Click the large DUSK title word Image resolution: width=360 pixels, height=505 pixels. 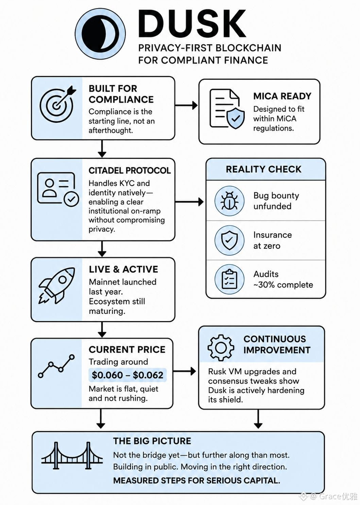click(x=192, y=24)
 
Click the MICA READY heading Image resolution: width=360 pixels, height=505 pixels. click(x=282, y=96)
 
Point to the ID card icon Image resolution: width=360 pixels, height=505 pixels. click(x=58, y=189)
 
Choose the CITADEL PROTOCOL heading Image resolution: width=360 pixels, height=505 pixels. click(x=130, y=170)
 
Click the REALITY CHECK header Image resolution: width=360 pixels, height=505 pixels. click(x=263, y=169)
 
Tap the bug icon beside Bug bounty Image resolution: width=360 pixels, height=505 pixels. click(x=229, y=200)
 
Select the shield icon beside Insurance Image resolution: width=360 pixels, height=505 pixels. click(x=229, y=240)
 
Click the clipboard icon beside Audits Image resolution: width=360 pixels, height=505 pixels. click(x=229, y=279)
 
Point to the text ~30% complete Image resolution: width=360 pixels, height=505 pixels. click(x=283, y=285)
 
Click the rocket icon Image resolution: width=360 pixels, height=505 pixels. click(x=56, y=286)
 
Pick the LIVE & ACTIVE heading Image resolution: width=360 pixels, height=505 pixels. click(x=123, y=269)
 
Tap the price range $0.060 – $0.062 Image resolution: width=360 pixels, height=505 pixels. click(x=127, y=375)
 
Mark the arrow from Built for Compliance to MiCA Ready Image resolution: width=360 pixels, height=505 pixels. click(x=186, y=105)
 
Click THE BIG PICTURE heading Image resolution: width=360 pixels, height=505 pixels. click(x=152, y=441)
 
